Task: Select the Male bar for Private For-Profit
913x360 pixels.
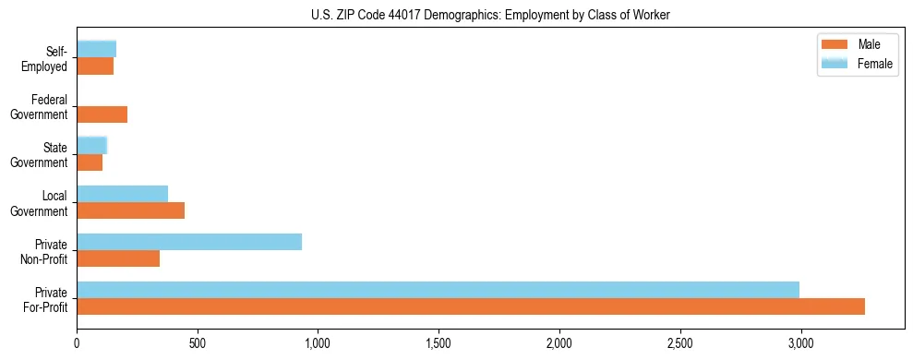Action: click(x=471, y=306)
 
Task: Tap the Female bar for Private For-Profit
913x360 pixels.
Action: click(x=438, y=290)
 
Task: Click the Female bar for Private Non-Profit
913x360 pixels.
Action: click(x=189, y=242)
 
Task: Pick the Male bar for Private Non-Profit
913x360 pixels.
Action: click(x=118, y=258)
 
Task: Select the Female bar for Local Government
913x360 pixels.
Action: click(x=123, y=194)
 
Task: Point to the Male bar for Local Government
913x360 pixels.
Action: click(x=130, y=210)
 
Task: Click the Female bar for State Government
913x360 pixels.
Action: click(x=92, y=145)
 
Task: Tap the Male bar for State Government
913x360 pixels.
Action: click(x=90, y=162)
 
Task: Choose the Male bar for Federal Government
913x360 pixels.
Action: click(x=102, y=114)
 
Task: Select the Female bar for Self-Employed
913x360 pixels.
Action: click(x=96, y=49)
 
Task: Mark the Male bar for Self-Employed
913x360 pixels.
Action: click(x=95, y=66)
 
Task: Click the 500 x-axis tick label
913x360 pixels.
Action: click(x=198, y=343)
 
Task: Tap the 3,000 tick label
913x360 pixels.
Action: click(x=800, y=343)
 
